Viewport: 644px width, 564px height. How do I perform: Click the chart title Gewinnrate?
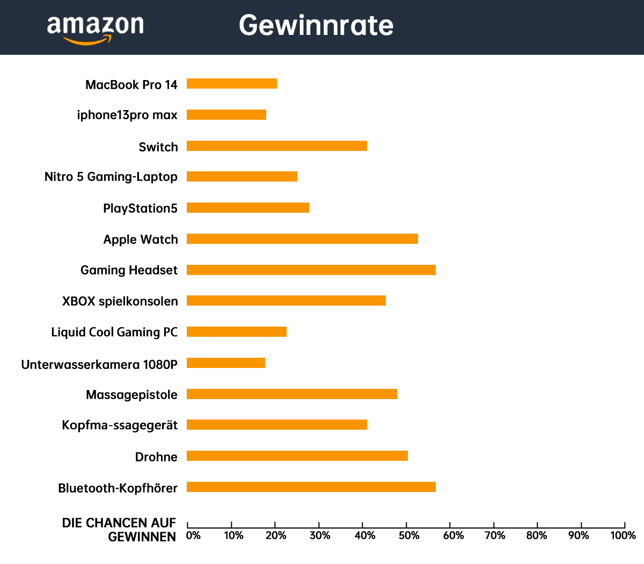click(316, 25)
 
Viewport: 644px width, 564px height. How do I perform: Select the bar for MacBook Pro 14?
click(232, 83)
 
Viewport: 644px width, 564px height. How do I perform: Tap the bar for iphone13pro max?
click(226, 114)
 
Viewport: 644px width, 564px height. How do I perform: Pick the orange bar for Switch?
click(277, 146)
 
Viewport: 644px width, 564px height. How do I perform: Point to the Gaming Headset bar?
click(311, 270)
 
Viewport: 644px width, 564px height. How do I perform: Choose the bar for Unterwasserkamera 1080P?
click(226, 363)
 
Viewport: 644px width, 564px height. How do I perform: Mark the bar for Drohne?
click(297, 456)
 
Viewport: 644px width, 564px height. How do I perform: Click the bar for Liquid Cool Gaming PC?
click(237, 331)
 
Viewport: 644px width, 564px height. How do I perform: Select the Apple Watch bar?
click(302, 238)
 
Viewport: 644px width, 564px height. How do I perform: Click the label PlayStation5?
click(140, 208)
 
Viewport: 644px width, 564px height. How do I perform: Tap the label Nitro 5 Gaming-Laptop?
click(111, 177)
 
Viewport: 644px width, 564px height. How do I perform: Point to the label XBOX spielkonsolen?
click(120, 301)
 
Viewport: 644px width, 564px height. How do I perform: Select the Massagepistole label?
click(131, 395)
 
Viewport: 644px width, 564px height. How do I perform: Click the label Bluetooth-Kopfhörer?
click(118, 488)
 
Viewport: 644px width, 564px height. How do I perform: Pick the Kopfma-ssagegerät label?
click(120, 425)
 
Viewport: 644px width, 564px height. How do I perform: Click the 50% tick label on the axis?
click(409, 536)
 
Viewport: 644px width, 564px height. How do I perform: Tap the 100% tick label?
click(623, 536)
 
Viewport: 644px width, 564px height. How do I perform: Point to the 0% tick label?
click(193, 536)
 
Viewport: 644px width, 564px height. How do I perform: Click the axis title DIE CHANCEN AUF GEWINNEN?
click(119, 530)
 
